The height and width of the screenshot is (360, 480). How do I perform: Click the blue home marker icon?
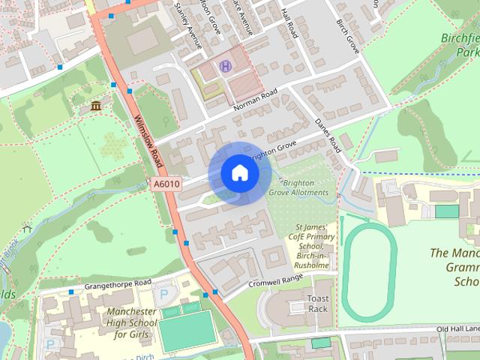point(239,173)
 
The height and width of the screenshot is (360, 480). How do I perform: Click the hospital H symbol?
point(224,67)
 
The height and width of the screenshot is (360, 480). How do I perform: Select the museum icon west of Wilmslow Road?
point(96,106)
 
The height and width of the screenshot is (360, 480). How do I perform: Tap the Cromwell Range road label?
point(276,279)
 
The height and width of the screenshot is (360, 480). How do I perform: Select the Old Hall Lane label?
point(457,328)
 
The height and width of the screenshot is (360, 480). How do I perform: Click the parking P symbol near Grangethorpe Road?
point(163,294)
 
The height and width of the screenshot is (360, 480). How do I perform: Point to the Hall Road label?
point(289,22)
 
